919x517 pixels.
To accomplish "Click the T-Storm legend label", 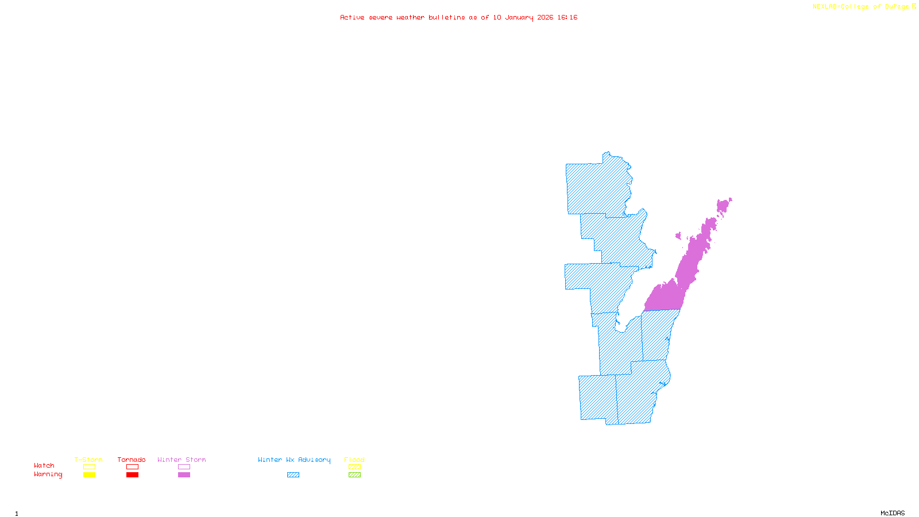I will pyautogui.click(x=88, y=460).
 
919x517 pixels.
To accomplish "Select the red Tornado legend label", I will pyautogui.click(x=132, y=460).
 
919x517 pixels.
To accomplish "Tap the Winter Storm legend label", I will pyautogui.click(x=182, y=460).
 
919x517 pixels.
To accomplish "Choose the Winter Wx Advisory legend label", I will pyautogui.click(x=294, y=460).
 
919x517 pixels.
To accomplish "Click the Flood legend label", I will pyautogui.click(x=354, y=460).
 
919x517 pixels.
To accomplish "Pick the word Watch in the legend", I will pyautogui.click(x=44, y=465).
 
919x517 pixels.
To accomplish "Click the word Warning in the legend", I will pyautogui.click(x=48, y=474).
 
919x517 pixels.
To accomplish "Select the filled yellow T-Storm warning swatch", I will pyautogui.click(x=89, y=475).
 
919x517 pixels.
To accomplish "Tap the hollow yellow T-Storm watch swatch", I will pyautogui.click(x=89, y=467).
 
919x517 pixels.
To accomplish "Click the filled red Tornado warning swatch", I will pyautogui.click(x=132, y=475).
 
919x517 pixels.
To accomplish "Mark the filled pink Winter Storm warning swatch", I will pyautogui.click(x=184, y=475).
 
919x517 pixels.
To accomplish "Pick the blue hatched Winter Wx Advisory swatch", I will pyautogui.click(x=293, y=475).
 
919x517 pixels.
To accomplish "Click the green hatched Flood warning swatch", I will pyautogui.click(x=354, y=475).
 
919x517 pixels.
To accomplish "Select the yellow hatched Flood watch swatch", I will pyautogui.click(x=354, y=467).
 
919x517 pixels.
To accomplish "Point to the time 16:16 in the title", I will pyautogui.click(x=567, y=17).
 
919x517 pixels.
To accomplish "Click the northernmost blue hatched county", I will pyautogui.click(x=597, y=187).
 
